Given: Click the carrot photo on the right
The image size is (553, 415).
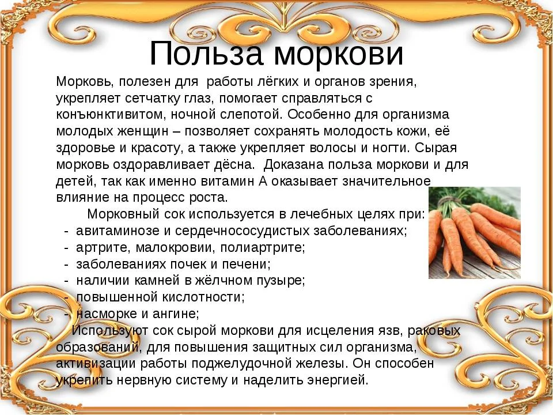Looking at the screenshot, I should (x=474, y=233).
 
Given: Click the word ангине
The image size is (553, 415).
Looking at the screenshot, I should (x=177, y=314).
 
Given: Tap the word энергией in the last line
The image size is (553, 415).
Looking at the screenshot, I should (x=337, y=380).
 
